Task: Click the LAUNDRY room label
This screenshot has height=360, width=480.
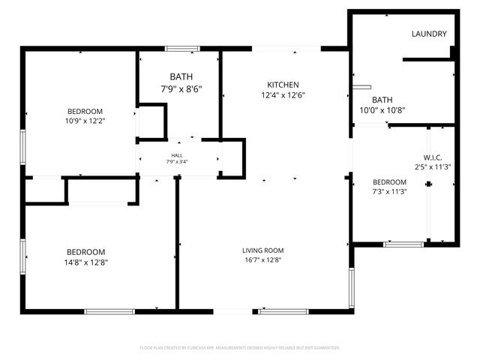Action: (429, 34)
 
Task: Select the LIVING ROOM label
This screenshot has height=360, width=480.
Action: (262, 250)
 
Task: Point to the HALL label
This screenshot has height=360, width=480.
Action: (177, 155)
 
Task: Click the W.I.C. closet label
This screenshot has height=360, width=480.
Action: (433, 157)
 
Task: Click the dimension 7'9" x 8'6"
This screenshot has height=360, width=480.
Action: (181, 88)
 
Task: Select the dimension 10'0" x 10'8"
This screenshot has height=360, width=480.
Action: (382, 110)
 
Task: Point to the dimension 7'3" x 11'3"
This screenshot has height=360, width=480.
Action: (390, 191)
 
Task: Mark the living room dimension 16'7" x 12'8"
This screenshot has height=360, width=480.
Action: (262, 261)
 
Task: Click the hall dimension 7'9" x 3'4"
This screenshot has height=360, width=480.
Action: (177, 162)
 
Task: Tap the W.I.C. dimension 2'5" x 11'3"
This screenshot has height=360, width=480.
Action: (433, 167)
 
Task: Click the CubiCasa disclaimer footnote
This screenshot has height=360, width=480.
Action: (240, 348)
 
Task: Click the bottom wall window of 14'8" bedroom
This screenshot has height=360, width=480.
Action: (109, 311)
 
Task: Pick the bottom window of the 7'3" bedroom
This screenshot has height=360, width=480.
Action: (403, 244)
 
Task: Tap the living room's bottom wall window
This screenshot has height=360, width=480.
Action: (283, 311)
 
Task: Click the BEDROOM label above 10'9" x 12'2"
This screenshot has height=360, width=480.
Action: (85, 111)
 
